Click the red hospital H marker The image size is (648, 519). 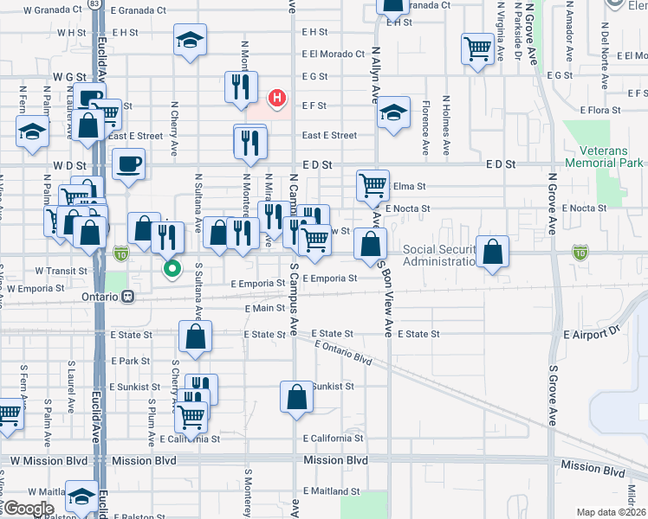[x=276, y=98]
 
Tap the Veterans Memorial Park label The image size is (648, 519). [x=604, y=156]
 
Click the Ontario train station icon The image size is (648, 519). [x=128, y=296]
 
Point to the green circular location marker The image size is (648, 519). [x=172, y=268]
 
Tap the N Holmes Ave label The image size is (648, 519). [x=446, y=116]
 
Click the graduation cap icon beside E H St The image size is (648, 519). [x=190, y=39]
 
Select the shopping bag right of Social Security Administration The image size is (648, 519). [x=492, y=252]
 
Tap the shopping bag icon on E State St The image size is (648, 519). [x=195, y=336]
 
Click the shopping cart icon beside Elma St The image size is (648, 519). [x=373, y=183]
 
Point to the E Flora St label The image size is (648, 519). [x=592, y=111]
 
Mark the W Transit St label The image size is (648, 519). [x=60, y=271]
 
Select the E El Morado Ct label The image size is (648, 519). [x=334, y=54]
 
